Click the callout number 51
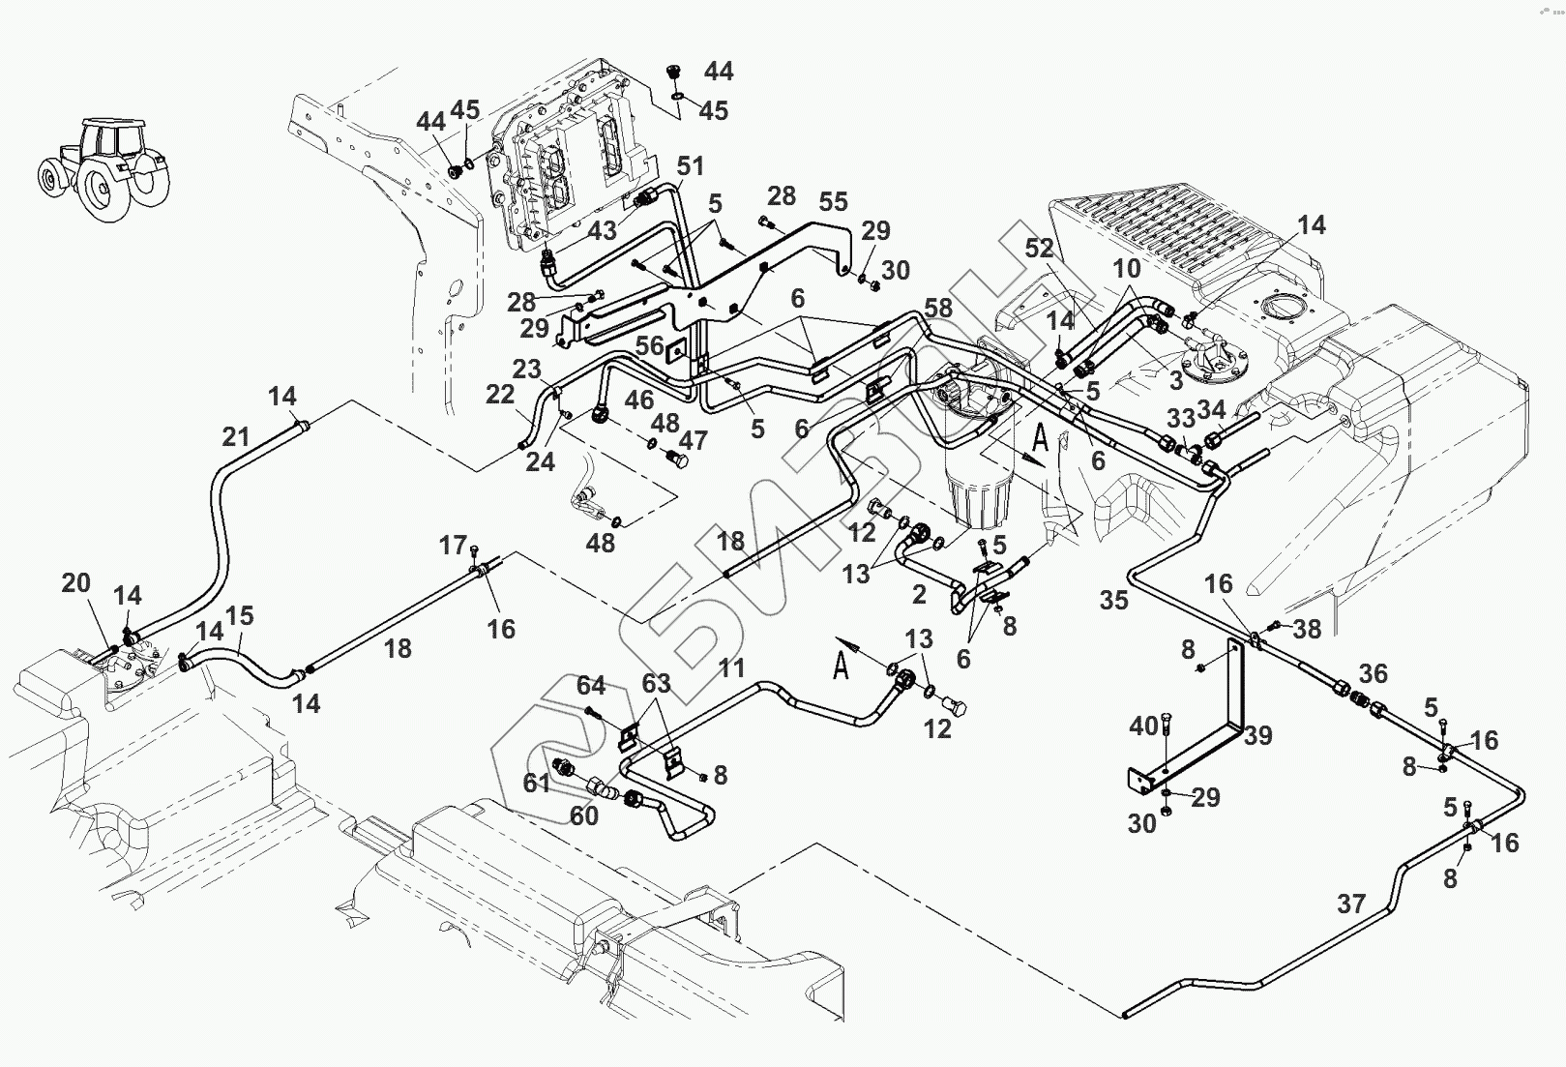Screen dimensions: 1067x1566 tap(690, 166)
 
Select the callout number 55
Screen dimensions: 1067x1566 tap(833, 201)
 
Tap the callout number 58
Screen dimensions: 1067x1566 tap(938, 309)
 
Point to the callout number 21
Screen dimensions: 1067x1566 tap(236, 437)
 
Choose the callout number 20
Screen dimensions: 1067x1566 tap(75, 583)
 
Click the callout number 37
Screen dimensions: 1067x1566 tap(1351, 904)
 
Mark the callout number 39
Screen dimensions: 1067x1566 tap(1257, 736)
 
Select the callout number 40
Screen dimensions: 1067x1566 tap(1143, 726)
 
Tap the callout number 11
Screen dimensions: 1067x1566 tap(731, 667)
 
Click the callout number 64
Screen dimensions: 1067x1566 tap(591, 686)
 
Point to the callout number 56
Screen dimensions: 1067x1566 tap(649, 346)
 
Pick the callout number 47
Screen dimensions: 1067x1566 tap(693, 441)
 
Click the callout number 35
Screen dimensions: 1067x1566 tap(1113, 601)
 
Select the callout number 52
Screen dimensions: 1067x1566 tap(1039, 248)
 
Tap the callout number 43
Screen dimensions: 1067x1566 tap(602, 232)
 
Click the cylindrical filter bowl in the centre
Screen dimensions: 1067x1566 tap(979, 493)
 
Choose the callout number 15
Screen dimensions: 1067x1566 tap(239, 616)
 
